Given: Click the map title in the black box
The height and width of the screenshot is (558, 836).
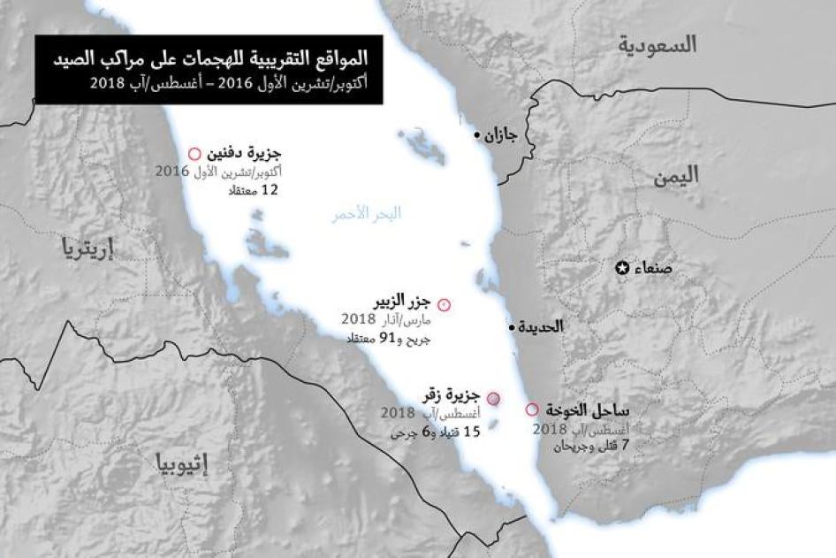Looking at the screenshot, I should pos(208,61).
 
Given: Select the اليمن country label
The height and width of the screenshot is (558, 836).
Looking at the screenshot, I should pos(676,175).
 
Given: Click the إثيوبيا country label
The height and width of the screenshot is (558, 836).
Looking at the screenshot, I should pos(181,462).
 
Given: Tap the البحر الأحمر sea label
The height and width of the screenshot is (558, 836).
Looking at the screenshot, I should pos(366,213).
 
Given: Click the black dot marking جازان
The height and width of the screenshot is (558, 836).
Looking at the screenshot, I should pos(478,135).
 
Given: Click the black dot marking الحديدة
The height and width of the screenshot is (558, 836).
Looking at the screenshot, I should pos(512,327).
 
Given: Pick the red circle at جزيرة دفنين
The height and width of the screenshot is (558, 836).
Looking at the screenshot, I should pos(194,153).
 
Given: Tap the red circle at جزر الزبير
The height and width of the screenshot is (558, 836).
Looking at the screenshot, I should pos(444,304).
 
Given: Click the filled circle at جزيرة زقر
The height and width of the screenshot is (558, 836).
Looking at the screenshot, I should pos(494,399).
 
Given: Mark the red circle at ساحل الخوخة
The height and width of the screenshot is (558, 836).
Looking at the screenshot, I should pos(531,409).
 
